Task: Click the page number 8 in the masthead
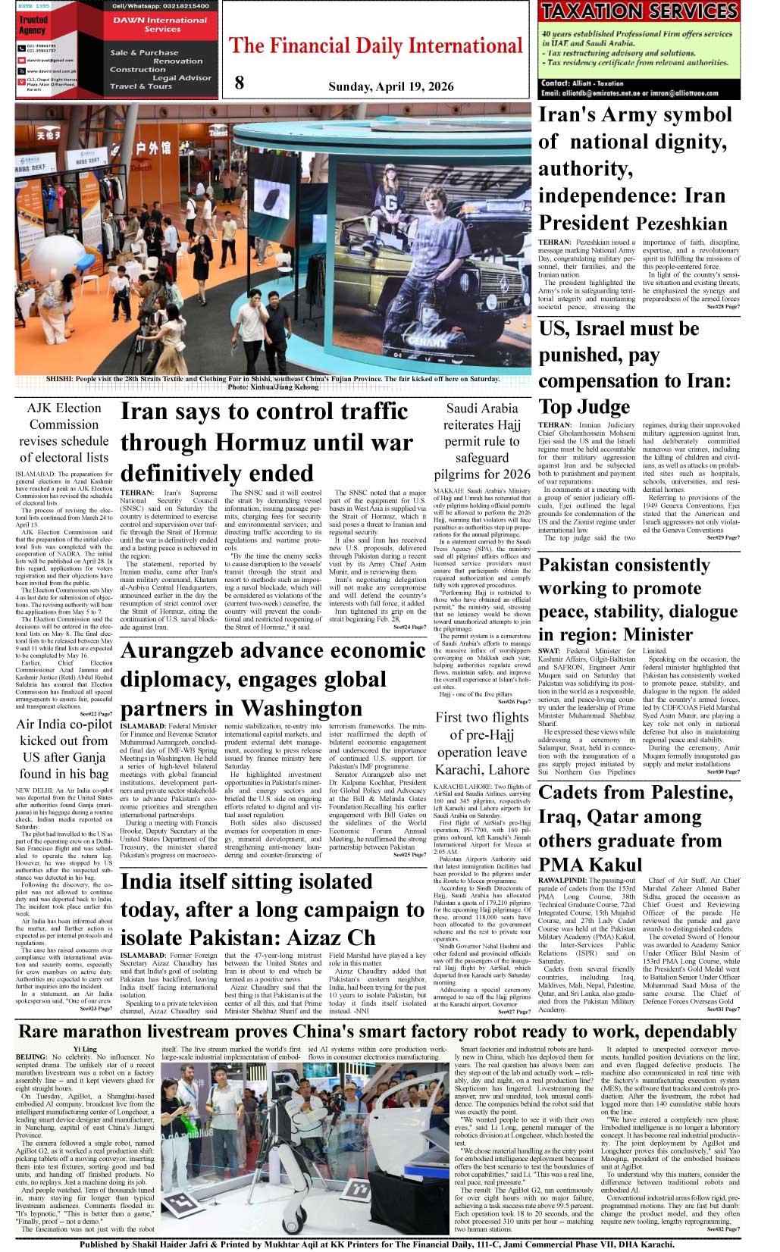coord(240,83)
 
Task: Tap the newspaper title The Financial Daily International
coord(376,46)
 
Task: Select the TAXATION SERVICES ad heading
coord(639,12)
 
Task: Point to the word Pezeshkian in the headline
coord(681,224)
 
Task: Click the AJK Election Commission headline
coord(64,432)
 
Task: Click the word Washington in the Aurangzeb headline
coord(305,709)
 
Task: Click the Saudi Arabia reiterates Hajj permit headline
coord(482,441)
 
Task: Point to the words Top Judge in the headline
coord(584,407)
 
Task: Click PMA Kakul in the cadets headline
coord(590,865)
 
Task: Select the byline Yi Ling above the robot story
coord(85,1050)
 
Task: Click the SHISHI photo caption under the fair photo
coord(273,382)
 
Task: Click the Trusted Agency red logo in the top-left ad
coord(33,25)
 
